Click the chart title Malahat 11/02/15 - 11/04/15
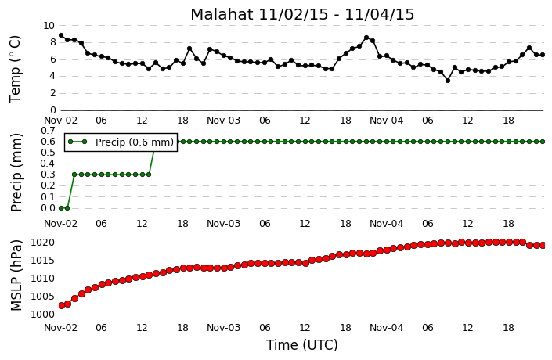click(x=302, y=14)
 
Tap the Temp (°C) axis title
click(x=15, y=70)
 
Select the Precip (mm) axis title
click(x=16, y=172)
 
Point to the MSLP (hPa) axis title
click(x=16, y=275)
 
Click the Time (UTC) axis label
click(x=301, y=345)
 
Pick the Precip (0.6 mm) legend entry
click(x=121, y=142)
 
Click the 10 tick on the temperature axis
click(x=49, y=26)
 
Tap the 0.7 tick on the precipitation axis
click(x=49, y=131)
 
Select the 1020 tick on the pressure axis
click(x=42, y=243)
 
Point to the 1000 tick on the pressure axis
click(x=42, y=315)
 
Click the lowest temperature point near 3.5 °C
click(x=448, y=81)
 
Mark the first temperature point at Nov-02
click(x=61, y=35)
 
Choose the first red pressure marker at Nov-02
click(x=61, y=305)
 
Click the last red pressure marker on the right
click(x=543, y=245)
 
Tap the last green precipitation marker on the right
click(x=543, y=142)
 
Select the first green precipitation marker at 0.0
click(x=61, y=208)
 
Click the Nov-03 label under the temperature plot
click(x=223, y=121)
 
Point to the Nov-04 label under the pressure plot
click(x=386, y=328)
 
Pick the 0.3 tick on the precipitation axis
click(x=49, y=175)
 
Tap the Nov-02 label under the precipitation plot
click(x=60, y=224)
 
